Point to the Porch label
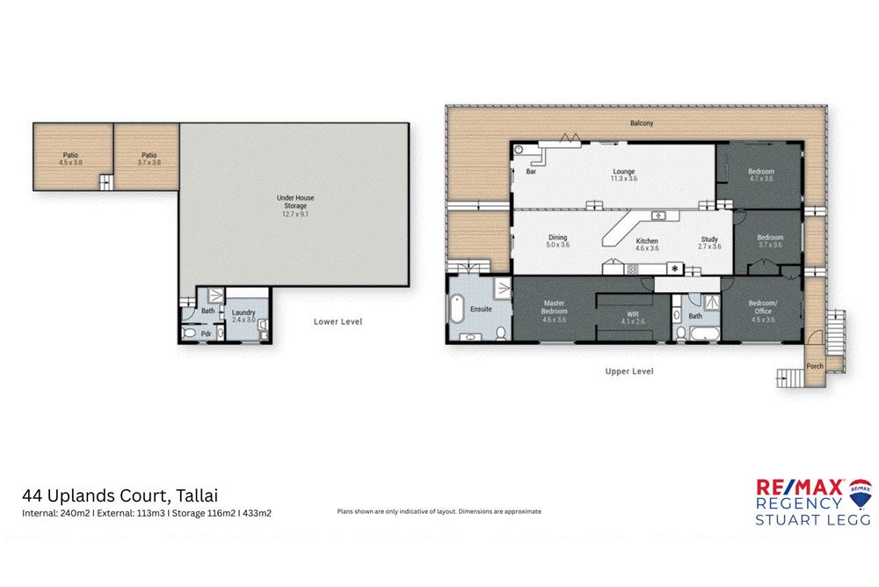click(x=815, y=366)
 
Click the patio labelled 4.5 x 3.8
click(x=71, y=158)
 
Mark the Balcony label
click(x=641, y=123)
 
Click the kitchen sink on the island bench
click(x=657, y=216)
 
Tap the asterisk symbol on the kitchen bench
click(x=675, y=268)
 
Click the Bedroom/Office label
click(x=761, y=308)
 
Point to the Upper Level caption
click(x=628, y=371)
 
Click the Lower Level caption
click(x=338, y=321)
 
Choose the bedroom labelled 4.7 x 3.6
click(x=760, y=174)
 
